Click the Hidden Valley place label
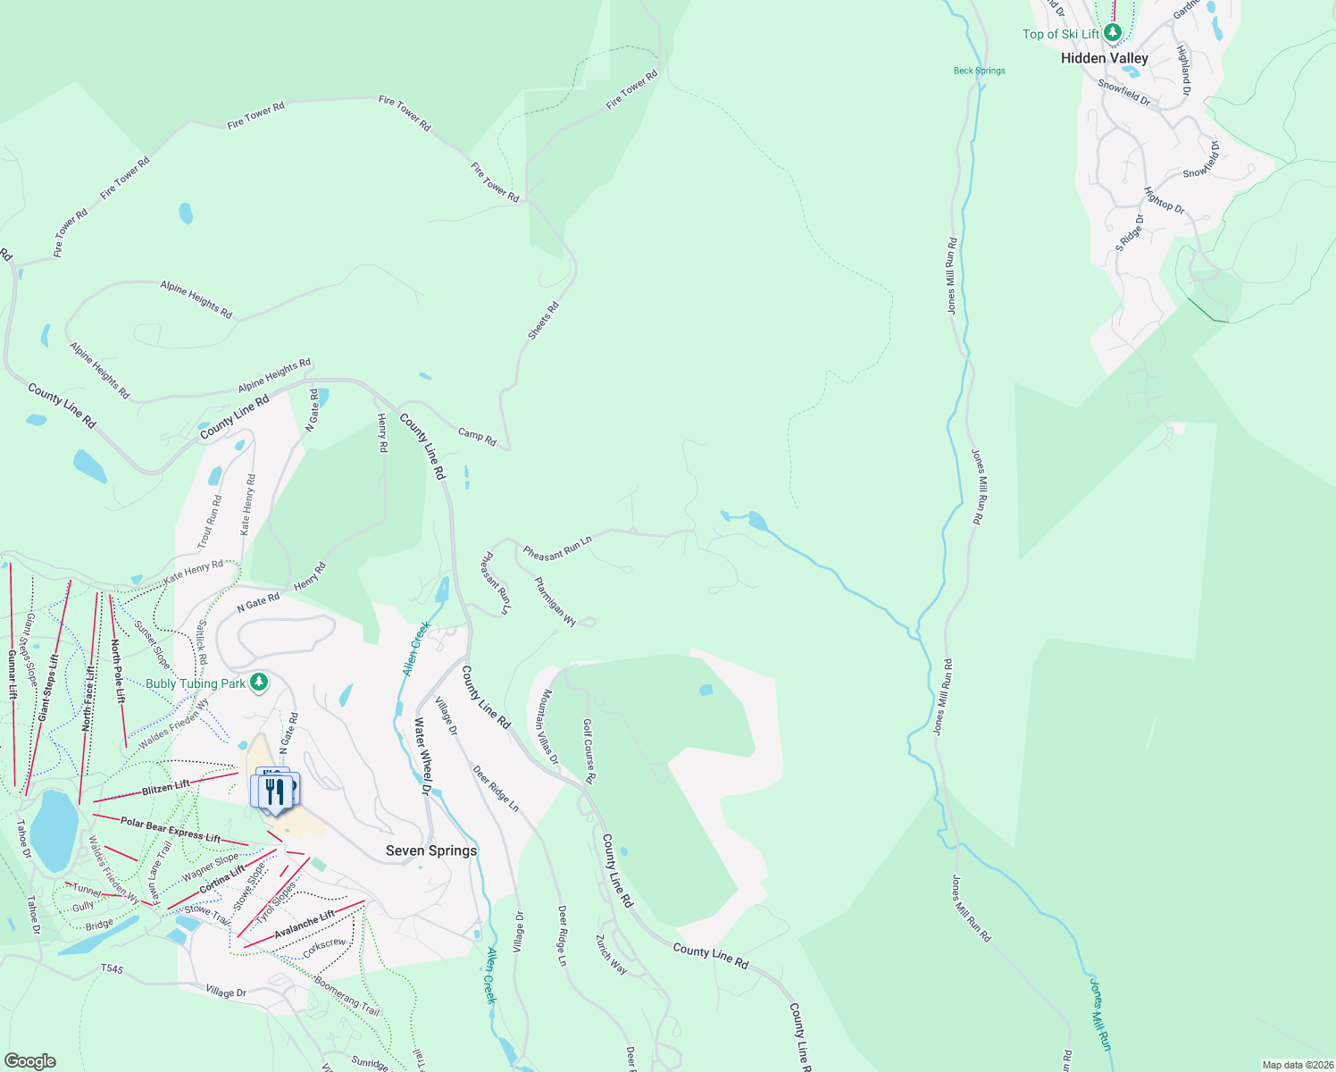pyautogui.click(x=1104, y=58)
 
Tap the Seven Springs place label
pyautogui.click(x=431, y=850)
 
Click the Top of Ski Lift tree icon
pyautogui.click(x=1112, y=33)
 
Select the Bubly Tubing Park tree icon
pyautogui.click(x=258, y=683)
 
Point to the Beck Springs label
pyautogui.click(x=979, y=71)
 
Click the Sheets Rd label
pyautogui.click(x=543, y=321)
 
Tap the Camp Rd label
pyautogui.click(x=477, y=436)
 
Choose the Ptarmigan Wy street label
pyautogui.click(x=555, y=601)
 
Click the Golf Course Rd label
pyautogui.click(x=589, y=751)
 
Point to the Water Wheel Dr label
pyautogui.click(x=423, y=756)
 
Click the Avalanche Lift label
pyautogui.click(x=305, y=924)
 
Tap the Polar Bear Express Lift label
pyautogui.click(x=171, y=829)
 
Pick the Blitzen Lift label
pyautogui.click(x=166, y=786)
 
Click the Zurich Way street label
pyautogui.click(x=612, y=954)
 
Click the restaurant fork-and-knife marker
pyautogui.click(x=275, y=791)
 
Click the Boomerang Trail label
pyautogui.click(x=347, y=994)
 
